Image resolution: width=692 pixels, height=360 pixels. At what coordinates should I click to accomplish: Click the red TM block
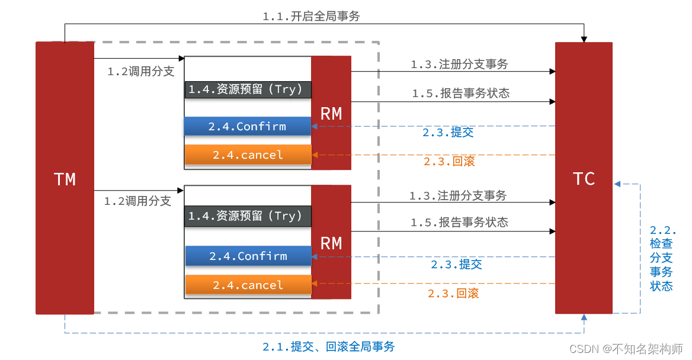coord(65,178)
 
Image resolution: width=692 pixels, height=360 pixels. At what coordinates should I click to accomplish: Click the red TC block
coord(584,178)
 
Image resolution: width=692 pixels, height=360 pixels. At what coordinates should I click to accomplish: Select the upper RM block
coord(331,113)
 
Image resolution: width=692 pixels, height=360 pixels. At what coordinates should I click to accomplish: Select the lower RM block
coord(331,242)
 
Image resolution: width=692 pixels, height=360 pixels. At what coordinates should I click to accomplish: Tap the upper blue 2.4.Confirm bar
coord(247,126)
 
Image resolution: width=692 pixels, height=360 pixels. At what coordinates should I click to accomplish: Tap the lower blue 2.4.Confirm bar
coord(248,256)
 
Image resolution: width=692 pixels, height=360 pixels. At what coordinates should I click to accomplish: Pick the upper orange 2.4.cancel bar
coord(248,155)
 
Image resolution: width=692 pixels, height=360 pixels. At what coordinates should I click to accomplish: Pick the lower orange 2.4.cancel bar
coord(248,285)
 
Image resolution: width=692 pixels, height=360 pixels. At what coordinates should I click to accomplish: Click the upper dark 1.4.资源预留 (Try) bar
coord(248,89)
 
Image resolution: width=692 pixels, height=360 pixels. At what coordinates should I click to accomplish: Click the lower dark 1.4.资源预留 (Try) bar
coord(248,216)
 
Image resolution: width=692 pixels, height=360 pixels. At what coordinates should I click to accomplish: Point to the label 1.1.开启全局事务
coord(311,16)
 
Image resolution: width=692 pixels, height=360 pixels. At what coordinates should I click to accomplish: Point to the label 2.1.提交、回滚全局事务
coord(328,347)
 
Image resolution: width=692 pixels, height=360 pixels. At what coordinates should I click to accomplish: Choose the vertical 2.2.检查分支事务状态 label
coord(662,258)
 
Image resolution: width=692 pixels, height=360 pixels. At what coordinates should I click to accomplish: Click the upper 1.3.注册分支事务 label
coord(459,65)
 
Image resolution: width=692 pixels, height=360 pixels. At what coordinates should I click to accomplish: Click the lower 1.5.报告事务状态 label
coord(459,222)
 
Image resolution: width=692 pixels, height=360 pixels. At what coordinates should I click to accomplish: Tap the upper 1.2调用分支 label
coord(140,72)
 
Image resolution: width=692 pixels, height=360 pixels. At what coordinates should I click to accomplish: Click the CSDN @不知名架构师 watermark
coord(626,348)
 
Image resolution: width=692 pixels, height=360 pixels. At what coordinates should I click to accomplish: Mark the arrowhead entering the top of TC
coord(584,39)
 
